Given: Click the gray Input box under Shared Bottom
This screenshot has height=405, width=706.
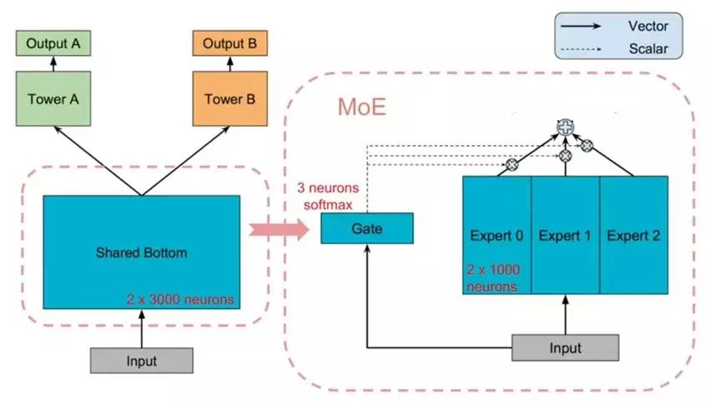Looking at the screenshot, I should [141, 360].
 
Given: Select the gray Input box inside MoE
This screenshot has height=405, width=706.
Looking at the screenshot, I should [565, 347].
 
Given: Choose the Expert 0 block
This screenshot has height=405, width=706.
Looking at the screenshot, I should [497, 236].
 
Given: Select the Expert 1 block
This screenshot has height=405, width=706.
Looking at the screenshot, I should [565, 236].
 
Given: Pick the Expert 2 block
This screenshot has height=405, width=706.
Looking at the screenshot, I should [633, 236].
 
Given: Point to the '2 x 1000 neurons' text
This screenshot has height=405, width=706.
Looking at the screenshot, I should [492, 278].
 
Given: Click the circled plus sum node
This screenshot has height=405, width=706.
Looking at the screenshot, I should [566, 127].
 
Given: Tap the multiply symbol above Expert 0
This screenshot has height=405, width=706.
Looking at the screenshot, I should [512, 164].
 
